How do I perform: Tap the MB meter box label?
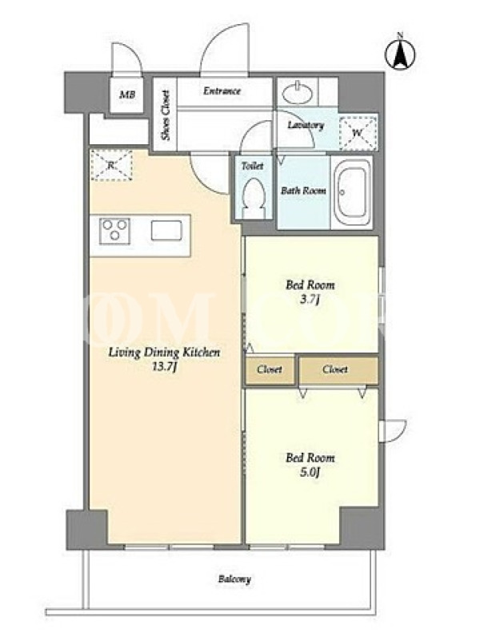(127, 95)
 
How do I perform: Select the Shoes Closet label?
(166, 115)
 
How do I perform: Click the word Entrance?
(222, 91)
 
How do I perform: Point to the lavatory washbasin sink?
(297, 92)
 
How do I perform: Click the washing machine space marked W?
(358, 133)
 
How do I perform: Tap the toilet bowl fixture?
(253, 197)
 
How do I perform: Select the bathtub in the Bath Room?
(351, 192)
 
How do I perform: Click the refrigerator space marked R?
(111, 165)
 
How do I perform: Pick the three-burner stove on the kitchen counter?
(114, 231)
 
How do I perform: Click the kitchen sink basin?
(166, 230)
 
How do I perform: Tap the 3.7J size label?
(310, 300)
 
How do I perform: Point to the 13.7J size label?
(164, 367)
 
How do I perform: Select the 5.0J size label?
(310, 473)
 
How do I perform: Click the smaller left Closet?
(270, 369)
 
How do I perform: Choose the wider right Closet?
(338, 370)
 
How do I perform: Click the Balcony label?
(234, 579)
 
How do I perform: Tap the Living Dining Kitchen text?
(164, 353)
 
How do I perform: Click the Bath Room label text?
(303, 191)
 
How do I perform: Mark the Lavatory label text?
(306, 125)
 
